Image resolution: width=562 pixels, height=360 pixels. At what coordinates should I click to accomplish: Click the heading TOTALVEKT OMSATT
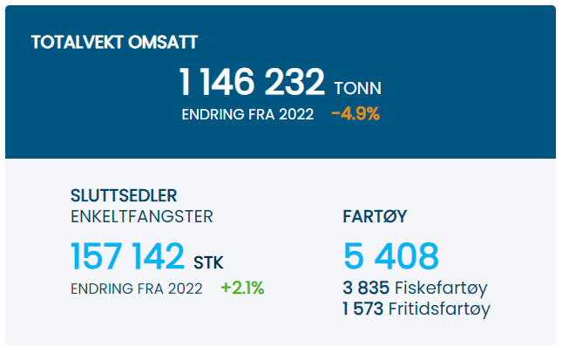coord(114,41)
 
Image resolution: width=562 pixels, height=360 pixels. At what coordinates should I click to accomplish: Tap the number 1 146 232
coord(252,83)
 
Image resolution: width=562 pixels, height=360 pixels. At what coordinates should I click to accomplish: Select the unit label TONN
coord(357,88)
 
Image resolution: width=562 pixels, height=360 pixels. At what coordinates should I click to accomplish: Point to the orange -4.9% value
coord(355,114)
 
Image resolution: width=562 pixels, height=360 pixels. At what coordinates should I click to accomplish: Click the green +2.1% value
coord(242,288)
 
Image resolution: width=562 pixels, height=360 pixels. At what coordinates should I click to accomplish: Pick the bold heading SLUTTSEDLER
coord(123,195)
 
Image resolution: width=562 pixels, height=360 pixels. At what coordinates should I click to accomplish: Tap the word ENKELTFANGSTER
coord(141,216)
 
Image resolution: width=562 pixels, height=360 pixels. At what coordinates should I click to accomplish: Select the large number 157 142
coord(127,257)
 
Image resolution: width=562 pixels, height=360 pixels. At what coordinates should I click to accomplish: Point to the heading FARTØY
coord(376,217)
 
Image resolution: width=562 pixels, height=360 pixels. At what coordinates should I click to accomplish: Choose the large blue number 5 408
coord(391,257)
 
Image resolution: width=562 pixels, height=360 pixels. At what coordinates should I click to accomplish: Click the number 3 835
coord(366,288)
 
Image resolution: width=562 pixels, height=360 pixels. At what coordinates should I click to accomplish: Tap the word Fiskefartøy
coord(441,288)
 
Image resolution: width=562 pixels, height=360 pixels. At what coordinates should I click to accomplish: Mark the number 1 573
coord(365,309)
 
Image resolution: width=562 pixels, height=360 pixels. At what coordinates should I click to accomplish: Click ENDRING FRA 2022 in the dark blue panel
coord(247,114)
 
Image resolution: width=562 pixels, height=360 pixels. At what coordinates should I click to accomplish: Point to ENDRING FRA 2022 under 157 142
coord(137,289)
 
